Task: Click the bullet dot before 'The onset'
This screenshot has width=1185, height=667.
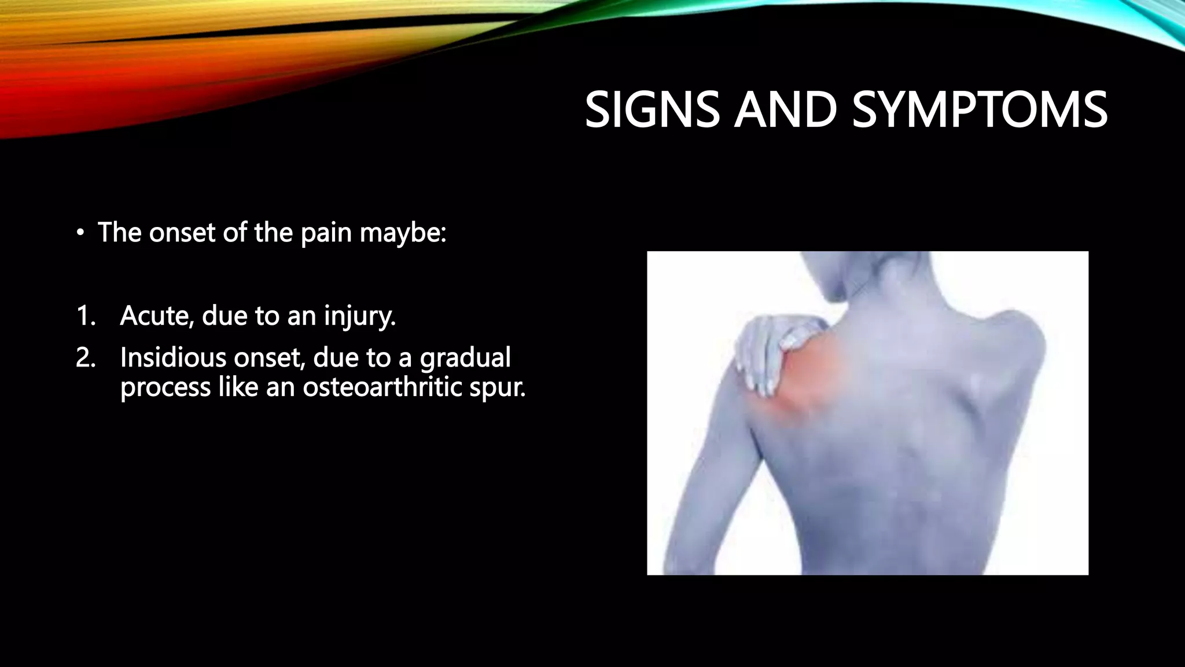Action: click(x=80, y=233)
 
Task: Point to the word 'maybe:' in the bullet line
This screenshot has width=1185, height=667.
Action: click(x=403, y=233)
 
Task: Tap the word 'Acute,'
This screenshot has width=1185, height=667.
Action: click(x=157, y=316)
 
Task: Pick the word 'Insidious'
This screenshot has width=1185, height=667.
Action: click(x=173, y=358)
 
